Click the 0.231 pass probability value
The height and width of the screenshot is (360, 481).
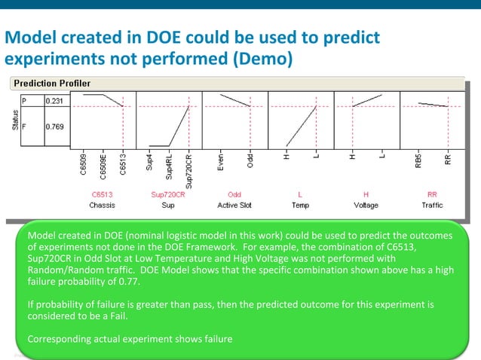click(x=54, y=99)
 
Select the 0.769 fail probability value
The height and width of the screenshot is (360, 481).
click(x=54, y=127)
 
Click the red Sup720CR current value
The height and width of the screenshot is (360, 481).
click(x=169, y=194)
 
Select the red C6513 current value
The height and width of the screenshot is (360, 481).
click(x=102, y=194)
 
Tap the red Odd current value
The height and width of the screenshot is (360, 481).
click(x=234, y=194)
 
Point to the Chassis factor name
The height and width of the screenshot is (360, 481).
click(x=102, y=204)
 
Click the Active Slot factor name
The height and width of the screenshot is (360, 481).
click(x=234, y=204)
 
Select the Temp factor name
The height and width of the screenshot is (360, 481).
click(x=301, y=204)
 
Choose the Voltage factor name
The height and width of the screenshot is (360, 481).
click(x=366, y=204)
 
